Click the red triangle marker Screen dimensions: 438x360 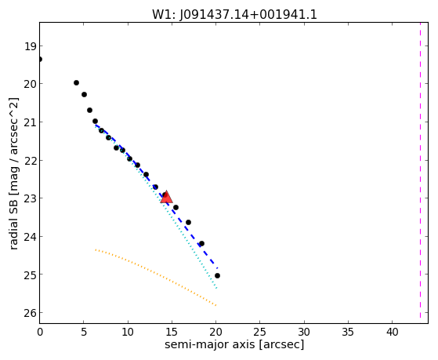166,197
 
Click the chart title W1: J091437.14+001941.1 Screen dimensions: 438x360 234,15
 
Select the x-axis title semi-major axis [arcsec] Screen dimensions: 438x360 234,344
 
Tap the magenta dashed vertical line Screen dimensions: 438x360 420,170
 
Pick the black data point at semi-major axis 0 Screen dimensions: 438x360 40,60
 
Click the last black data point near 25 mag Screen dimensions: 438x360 217,276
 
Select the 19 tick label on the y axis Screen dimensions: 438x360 31,46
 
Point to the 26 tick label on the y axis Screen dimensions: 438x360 31,313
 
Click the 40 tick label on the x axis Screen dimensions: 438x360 392,333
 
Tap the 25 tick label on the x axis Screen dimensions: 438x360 260,333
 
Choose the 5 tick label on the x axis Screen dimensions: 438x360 84,333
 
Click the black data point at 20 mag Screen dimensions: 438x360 76,83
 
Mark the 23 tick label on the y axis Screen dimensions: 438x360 31,198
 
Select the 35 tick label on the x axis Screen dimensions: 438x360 348,333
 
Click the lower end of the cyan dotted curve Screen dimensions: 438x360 216,288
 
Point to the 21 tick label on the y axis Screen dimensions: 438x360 31,122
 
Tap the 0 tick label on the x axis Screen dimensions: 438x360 40,333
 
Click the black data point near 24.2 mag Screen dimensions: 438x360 201,244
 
